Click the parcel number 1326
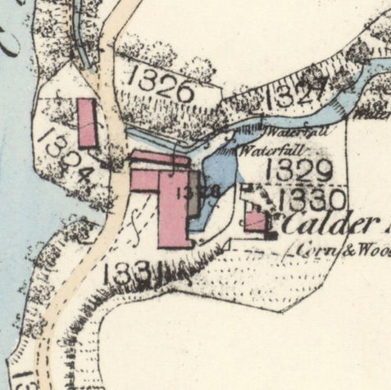[161, 84]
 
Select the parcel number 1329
[300, 171]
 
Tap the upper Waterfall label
[284, 131]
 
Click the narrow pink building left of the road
[87, 123]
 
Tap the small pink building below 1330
[255, 220]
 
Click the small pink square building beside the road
[144, 180]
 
